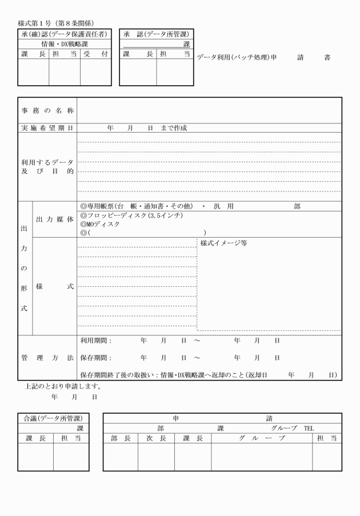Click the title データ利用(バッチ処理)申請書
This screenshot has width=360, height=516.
click(263, 58)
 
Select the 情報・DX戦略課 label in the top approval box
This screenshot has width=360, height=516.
click(64, 43)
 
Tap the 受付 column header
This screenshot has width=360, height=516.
click(95, 54)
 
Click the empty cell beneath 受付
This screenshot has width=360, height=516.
click(95, 72)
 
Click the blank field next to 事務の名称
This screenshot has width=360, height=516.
click(209, 110)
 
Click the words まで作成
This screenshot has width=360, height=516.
click(174, 128)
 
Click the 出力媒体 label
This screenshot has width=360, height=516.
click(55, 219)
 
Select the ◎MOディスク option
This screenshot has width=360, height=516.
click(101, 225)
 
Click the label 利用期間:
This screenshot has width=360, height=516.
click(96, 341)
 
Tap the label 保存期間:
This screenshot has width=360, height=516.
click(96, 358)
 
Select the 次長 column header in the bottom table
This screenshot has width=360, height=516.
click(155, 438)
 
